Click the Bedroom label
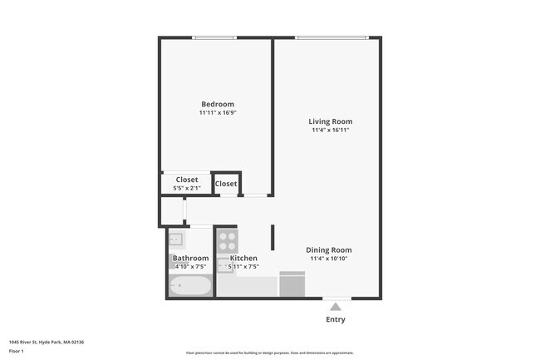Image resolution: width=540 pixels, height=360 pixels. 218,104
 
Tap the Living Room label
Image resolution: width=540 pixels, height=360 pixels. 331,121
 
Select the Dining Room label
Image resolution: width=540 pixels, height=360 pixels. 329,249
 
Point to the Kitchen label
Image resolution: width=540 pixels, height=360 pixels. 243,259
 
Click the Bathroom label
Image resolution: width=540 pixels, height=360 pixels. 190,259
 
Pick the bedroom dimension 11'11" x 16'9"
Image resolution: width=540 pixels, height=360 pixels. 218,113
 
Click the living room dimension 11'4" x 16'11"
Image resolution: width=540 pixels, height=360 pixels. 331,131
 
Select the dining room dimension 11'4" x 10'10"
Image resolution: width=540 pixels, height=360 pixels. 329,259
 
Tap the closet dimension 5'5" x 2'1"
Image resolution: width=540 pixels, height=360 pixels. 186,189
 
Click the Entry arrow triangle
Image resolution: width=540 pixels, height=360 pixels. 336,307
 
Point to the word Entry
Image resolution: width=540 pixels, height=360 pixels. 336,319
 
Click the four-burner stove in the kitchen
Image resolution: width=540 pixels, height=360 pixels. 227,241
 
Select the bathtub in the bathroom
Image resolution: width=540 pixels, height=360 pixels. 190,287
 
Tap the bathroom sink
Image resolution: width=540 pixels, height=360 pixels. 176,240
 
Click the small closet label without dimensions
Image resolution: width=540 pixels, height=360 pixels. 226,184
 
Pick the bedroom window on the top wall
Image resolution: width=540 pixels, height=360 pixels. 215,37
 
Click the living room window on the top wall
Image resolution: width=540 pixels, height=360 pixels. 331,37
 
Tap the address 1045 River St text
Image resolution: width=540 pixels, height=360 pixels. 47,342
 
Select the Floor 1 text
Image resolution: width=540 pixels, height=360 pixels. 16,352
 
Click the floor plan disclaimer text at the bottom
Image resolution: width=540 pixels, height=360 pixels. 269,353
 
